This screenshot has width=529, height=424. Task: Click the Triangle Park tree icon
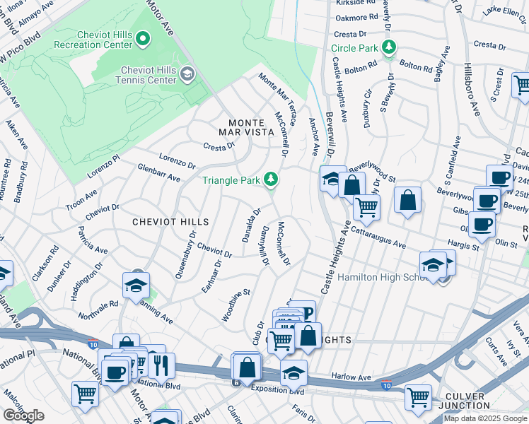tap(270, 180)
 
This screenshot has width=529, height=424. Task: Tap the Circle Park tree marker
tap(388, 48)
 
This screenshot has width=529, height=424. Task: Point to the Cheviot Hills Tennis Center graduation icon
tap(187, 74)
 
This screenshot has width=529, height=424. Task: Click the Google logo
tap(23, 416)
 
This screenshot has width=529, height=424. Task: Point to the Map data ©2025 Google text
tap(485, 418)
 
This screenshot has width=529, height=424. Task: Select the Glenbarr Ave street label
tap(159, 174)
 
